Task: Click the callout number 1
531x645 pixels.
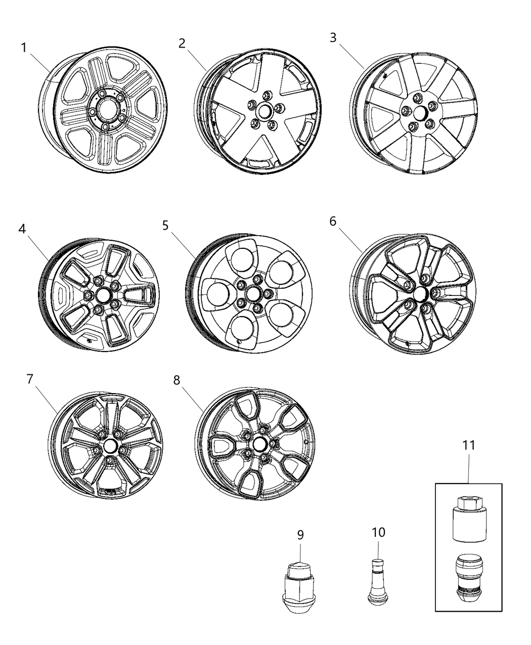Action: click(x=24, y=48)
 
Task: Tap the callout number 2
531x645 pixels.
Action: click(x=182, y=43)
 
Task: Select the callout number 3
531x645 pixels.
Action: click(x=333, y=38)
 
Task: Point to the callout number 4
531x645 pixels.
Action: click(x=22, y=229)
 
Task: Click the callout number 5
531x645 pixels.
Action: click(x=166, y=225)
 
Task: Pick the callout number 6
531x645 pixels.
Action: click(x=333, y=222)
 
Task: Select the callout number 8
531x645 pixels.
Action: click(x=176, y=379)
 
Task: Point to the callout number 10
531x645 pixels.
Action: click(x=378, y=532)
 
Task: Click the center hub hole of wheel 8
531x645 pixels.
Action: click(x=260, y=444)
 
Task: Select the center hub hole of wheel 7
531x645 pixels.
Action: click(x=109, y=446)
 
